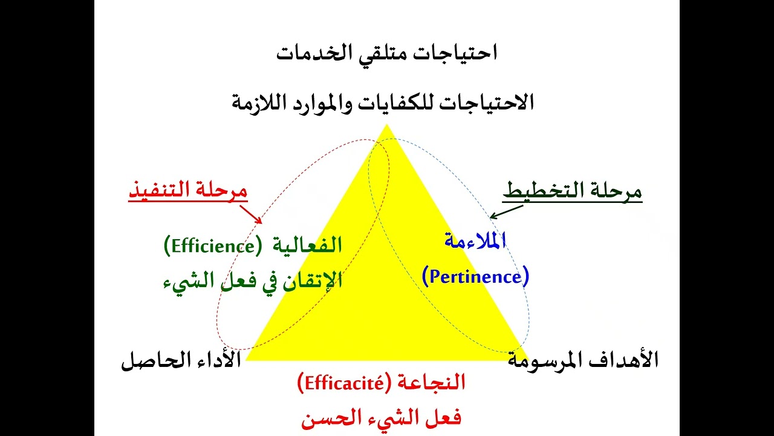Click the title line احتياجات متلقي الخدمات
point(386,53)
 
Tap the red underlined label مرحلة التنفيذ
point(188,191)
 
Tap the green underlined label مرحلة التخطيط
point(572,192)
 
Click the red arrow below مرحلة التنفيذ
point(251,214)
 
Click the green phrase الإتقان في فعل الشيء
point(253,281)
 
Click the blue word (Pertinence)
point(475,277)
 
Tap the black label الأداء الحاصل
point(181,361)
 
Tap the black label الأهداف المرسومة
point(583,361)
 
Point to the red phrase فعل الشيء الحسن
point(381,418)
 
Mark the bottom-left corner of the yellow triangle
point(246,360)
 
